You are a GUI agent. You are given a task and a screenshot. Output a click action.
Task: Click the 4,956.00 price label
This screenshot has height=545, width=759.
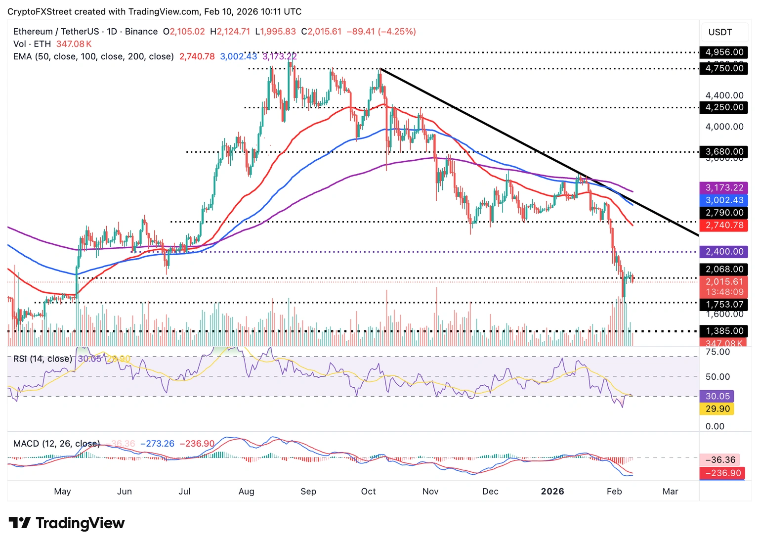[x=724, y=52]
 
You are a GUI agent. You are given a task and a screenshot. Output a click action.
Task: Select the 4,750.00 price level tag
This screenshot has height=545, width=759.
[x=724, y=68]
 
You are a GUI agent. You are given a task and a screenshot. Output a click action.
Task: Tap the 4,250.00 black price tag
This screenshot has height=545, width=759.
[x=724, y=107]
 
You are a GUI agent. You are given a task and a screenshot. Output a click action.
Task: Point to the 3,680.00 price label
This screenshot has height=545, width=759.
[x=724, y=152]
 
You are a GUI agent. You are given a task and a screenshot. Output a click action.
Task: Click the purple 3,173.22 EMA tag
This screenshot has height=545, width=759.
[x=724, y=188]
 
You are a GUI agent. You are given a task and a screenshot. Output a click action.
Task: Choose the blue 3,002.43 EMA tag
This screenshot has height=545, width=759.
[x=724, y=200]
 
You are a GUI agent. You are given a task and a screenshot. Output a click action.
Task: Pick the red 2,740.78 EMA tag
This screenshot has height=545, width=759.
[x=724, y=225]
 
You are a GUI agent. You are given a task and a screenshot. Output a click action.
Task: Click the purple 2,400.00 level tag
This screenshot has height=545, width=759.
[x=724, y=252]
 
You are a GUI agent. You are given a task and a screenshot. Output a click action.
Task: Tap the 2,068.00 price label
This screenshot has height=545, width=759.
[x=724, y=270]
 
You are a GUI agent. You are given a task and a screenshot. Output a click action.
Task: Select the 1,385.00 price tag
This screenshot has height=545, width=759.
[x=724, y=331]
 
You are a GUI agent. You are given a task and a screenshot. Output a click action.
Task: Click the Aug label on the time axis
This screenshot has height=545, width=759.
[x=246, y=491]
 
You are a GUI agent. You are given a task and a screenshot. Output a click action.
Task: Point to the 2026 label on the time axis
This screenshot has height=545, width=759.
[x=552, y=491]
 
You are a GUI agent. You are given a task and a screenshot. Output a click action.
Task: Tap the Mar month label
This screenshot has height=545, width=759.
[x=670, y=491]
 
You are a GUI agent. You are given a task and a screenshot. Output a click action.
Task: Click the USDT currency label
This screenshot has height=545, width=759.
[x=720, y=32]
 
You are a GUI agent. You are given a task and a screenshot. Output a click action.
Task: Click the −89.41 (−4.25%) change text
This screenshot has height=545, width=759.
[x=381, y=32]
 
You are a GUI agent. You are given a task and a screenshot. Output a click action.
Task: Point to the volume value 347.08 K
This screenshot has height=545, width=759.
[x=74, y=44]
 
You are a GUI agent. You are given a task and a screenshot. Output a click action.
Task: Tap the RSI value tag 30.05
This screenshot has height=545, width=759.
[x=717, y=396]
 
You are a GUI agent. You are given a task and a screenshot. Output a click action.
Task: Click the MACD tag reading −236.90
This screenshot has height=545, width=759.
[x=722, y=473]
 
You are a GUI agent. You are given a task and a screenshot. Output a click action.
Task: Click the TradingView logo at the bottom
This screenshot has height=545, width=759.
[x=67, y=523]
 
